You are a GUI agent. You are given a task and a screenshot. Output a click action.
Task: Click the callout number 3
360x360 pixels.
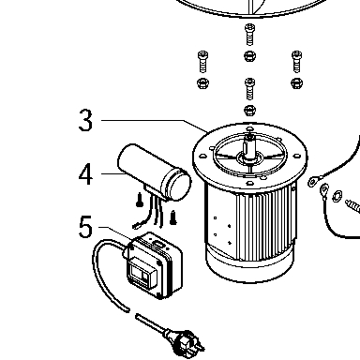85,120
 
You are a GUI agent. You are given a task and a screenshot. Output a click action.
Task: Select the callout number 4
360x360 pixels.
85,174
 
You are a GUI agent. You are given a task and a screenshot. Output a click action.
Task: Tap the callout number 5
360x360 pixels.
85,227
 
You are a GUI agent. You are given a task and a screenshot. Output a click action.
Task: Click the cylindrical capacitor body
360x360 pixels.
154,172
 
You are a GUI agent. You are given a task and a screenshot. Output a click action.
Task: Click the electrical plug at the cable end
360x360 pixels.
185,341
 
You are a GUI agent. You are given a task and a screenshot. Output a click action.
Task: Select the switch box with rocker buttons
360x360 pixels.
154,265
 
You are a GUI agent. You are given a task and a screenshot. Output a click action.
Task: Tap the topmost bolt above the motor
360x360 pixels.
249,34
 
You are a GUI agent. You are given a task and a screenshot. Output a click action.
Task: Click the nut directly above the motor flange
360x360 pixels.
249,110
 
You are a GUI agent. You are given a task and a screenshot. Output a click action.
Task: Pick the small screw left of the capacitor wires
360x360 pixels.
140,200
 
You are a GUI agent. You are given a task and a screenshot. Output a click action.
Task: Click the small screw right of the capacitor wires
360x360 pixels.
173,217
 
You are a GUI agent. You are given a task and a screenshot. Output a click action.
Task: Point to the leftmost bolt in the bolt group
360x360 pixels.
202,61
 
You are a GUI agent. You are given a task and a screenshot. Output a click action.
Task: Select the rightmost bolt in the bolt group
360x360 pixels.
296,61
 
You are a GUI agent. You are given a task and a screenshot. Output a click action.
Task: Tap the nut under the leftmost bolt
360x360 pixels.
202,83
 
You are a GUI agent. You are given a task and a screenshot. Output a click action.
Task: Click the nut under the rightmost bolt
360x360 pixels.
296,83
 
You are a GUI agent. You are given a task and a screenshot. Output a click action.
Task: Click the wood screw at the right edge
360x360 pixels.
352,206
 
